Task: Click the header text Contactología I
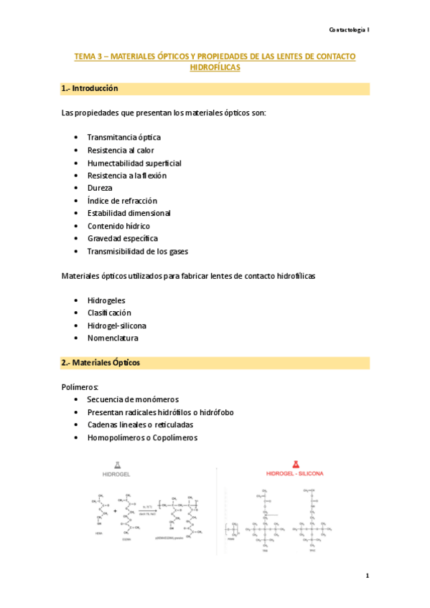pos(349,29)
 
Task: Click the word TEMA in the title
pos(85,56)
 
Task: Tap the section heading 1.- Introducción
pos(90,89)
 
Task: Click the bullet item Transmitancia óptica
pos(123,137)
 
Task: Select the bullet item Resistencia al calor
pos(120,150)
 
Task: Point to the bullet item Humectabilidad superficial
pos(134,163)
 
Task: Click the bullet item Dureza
pos(100,188)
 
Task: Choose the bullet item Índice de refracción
pos(122,201)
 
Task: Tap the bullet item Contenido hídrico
pos(118,226)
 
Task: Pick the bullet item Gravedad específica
pos(122,238)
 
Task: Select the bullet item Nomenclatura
pos(113,338)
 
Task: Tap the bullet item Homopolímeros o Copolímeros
pos(142,437)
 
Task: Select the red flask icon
pos(295,464)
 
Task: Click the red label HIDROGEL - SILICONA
pos(295,475)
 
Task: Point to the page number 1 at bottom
pos(367,576)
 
